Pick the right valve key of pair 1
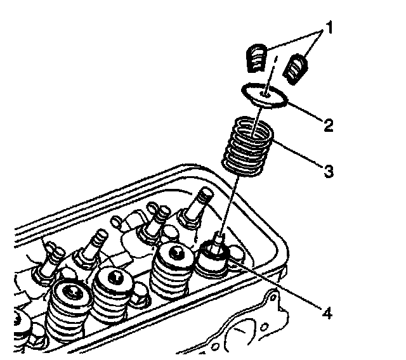[x=296, y=68]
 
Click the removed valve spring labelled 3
[x=249, y=145]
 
